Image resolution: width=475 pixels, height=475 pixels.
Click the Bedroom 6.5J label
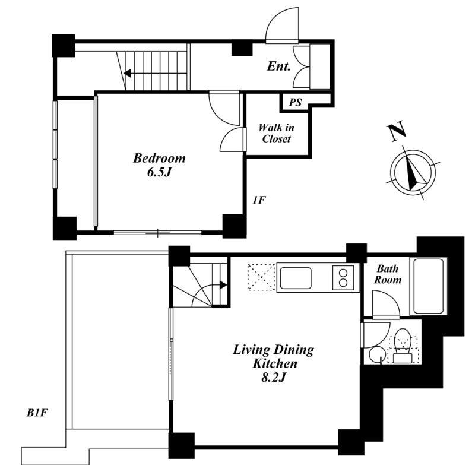[159, 165]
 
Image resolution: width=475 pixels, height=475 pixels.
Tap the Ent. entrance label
[278, 66]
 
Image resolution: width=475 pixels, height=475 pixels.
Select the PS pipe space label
[295, 102]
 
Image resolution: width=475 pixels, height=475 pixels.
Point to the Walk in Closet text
[276, 133]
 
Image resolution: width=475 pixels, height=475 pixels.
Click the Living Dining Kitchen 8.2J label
[274, 363]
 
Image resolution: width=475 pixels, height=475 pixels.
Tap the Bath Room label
[388, 274]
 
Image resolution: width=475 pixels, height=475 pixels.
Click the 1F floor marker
[259, 200]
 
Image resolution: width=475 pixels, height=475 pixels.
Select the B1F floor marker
[37, 413]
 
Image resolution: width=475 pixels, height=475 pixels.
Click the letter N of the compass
[397, 131]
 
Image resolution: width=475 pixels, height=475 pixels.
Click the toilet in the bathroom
[403, 346]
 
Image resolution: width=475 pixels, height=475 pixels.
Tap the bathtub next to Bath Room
[428, 286]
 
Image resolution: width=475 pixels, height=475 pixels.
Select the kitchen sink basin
[296, 278]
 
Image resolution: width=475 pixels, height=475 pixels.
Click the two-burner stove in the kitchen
[343, 278]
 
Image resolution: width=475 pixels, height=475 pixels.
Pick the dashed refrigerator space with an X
[261, 278]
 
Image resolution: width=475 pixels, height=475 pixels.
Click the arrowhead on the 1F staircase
[127, 73]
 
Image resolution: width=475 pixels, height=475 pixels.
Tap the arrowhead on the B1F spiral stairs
[223, 285]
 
